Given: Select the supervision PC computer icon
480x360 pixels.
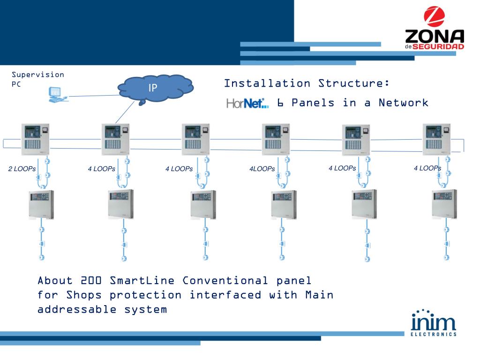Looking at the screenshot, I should point(57,94).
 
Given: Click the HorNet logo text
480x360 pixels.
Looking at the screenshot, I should point(247,103).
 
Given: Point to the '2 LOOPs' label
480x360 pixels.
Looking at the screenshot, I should point(22,169).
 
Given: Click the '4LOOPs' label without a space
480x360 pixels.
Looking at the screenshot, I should point(262,169).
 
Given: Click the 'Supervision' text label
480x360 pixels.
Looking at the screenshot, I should point(38,75).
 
